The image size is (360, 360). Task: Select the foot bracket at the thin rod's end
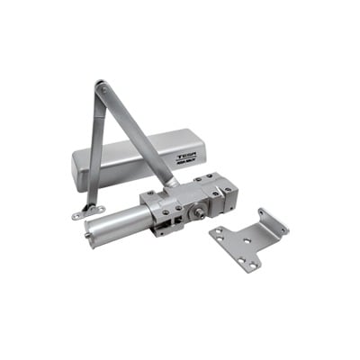coord(83,211)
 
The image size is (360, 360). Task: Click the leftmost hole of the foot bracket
coord(75,215)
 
